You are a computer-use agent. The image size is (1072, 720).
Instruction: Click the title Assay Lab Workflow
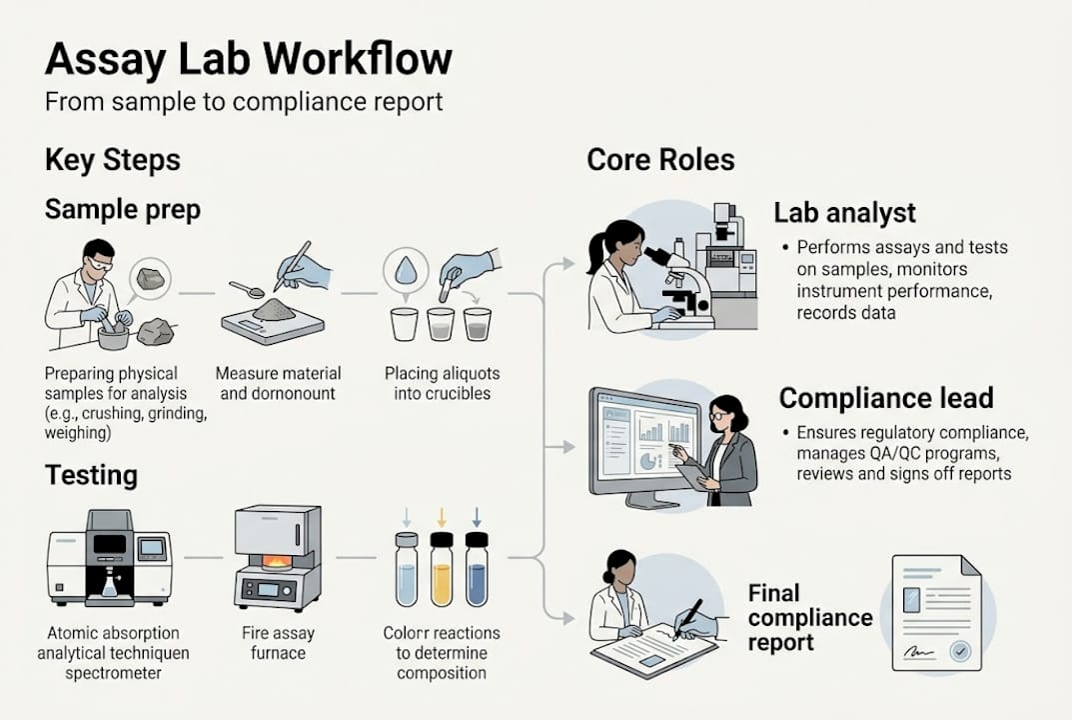tap(248, 59)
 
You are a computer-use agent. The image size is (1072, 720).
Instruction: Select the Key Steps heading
tap(113, 160)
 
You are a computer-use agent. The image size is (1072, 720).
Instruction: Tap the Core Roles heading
tap(660, 160)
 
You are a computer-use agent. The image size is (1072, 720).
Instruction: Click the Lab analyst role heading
tap(845, 212)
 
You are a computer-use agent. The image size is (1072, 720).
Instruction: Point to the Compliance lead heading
tap(885, 398)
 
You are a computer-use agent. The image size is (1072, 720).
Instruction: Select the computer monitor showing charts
tap(644, 437)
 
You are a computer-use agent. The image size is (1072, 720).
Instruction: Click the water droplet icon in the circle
tap(406, 271)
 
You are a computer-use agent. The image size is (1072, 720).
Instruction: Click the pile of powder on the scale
tap(272, 311)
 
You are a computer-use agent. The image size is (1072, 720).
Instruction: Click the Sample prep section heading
tap(123, 210)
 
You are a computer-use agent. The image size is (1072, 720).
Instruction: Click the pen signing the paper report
tap(688, 617)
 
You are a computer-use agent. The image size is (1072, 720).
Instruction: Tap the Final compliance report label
tap(809, 617)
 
